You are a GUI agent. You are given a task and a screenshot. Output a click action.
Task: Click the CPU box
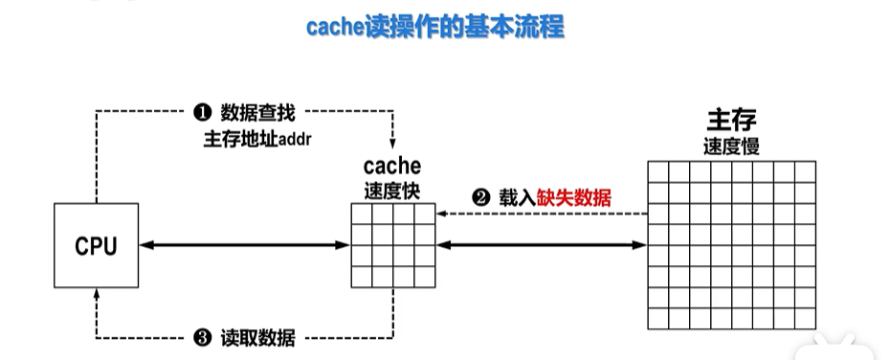[96, 245]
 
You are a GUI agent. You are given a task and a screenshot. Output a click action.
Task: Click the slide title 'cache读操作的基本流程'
[435, 27]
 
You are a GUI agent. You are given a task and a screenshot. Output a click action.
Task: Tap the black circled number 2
[480, 199]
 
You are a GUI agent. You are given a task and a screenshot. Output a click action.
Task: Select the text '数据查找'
[252, 113]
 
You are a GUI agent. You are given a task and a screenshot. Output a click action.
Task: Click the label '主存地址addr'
[258, 138]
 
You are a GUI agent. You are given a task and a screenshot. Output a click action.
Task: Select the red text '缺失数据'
[574, 199]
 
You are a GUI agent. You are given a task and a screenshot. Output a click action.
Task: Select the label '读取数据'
[257, 338]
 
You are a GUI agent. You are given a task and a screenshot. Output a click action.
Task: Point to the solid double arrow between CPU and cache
[244, 246]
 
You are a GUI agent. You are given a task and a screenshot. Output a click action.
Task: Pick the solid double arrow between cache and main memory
[542, 246]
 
